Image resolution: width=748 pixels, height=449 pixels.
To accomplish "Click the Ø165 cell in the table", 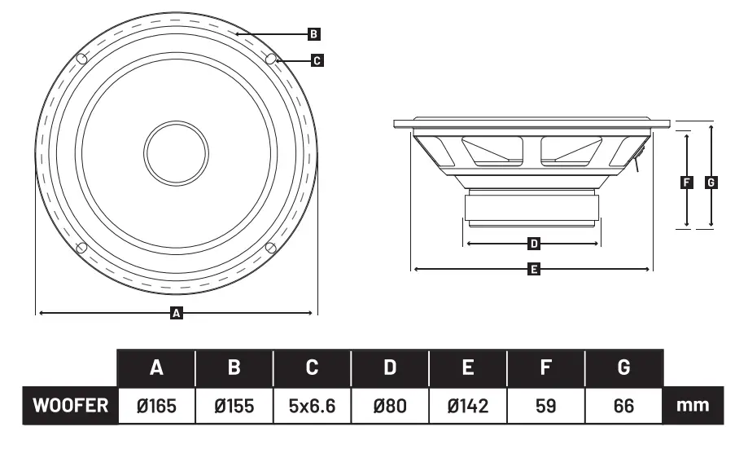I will click(157, 405).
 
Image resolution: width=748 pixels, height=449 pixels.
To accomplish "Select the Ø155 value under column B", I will click(234, 405).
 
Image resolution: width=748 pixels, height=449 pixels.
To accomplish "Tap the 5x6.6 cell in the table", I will click(312, 405).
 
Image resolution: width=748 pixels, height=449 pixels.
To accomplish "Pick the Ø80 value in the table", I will click(390, 405).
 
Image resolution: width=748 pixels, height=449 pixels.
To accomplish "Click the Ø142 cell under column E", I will click(468, 405).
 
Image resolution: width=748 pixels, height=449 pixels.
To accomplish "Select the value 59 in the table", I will click(546, 405).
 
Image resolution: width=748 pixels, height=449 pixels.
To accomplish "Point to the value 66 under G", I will click(624, 405).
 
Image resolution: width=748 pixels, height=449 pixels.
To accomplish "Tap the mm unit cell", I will click(693, 405).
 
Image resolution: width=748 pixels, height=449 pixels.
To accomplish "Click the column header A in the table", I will click(157, 368).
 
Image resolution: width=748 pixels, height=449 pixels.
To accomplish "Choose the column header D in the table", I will click(390, 368).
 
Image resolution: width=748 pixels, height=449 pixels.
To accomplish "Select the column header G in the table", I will click(624, 368).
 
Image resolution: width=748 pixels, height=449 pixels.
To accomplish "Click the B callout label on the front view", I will click(314, 34).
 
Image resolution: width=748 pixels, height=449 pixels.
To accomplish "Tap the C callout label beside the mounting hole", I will click(317, 59).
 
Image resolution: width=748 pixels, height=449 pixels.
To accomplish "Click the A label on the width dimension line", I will click(176, 312).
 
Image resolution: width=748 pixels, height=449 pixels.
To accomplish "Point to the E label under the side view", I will click(534, 268).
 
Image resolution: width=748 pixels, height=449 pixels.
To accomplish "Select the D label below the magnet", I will click(534, 243).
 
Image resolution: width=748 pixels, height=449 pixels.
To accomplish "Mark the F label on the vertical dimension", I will click(686, 183).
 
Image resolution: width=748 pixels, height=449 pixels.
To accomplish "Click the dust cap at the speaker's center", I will click(177, 152).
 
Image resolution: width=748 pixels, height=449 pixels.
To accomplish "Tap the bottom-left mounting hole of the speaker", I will click(81, 248).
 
